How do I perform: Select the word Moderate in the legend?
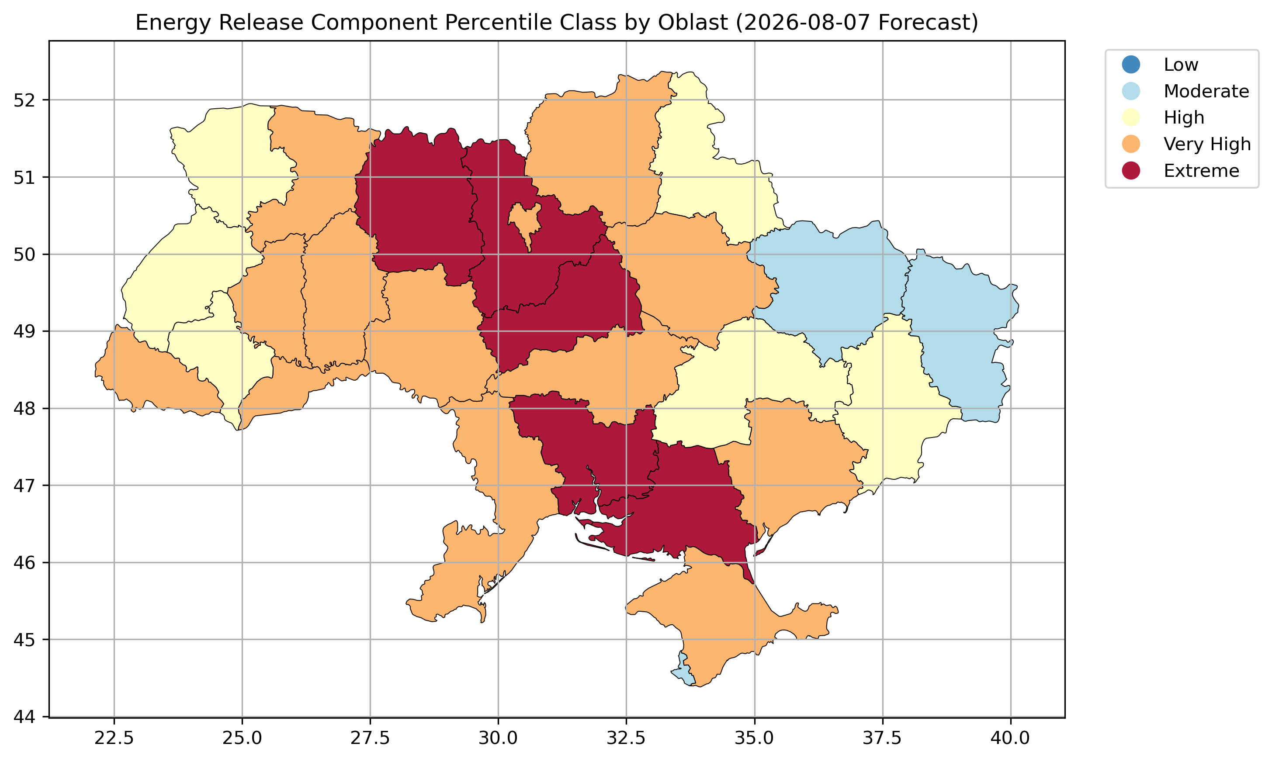pyautogui.click(x=1206, y=91)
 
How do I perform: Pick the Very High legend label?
pyautogui.click(x=1207, y=144)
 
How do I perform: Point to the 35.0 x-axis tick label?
pyautogui.click(x=754, y=738)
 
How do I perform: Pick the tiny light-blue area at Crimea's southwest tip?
pyautogui.click(x=683, y=670)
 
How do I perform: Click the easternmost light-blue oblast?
pyautogui.click(x=960, y=333)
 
